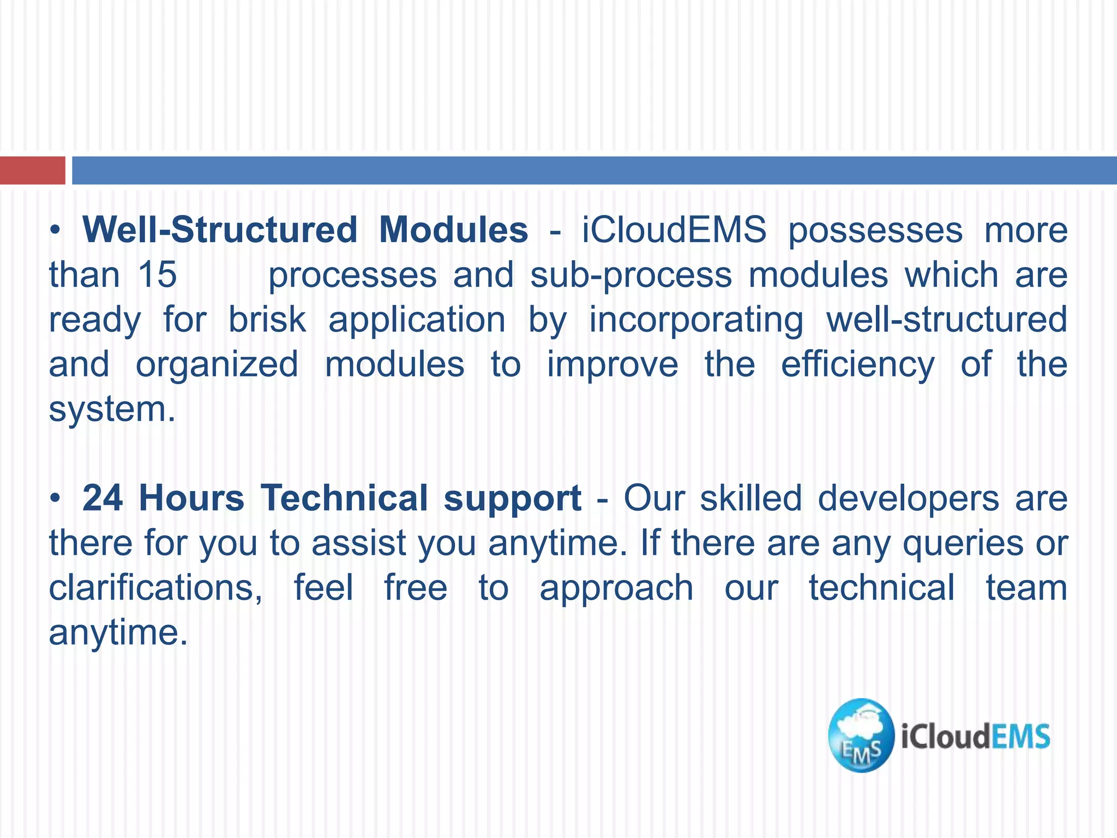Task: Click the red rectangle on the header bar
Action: [32, 170]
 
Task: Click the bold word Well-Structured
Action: [219, 230]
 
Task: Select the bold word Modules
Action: [453, 230]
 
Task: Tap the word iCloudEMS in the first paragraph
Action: [674, 230]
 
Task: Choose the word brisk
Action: [267, 319]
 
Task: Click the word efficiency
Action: [857, 365]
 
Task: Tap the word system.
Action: [112, 410]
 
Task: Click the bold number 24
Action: [103, 498]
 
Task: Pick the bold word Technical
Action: [345, 498]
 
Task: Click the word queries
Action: [963, 544]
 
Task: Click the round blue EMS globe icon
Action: [861, 735]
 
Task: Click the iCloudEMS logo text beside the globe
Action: [975, 737]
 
